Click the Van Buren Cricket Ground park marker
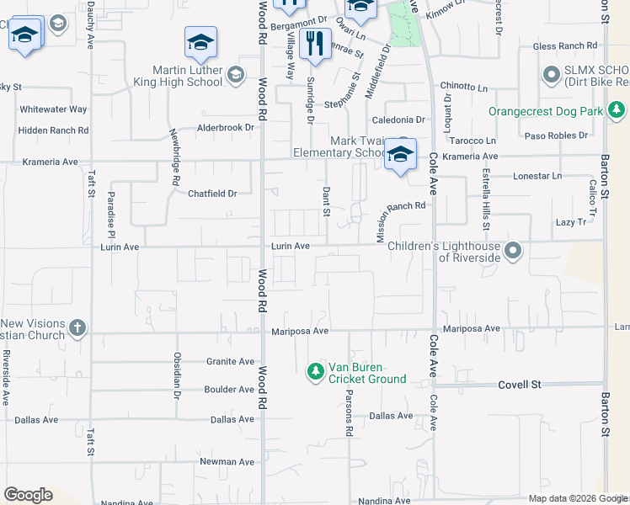tap(316, 371)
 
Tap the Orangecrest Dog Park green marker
tap(617, 110)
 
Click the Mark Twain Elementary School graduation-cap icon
tap(401, 154)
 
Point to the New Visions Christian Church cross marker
tap(77, 327)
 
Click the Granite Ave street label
tap(230, 362)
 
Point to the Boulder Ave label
tap(229, 390)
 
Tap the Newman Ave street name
tap(227, 462)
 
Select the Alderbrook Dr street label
tap(225, 128)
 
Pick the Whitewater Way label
tap(54, 109)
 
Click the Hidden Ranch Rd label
tap(53, 130)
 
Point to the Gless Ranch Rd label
tap(558, 45)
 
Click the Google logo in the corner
tap(28, 495)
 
